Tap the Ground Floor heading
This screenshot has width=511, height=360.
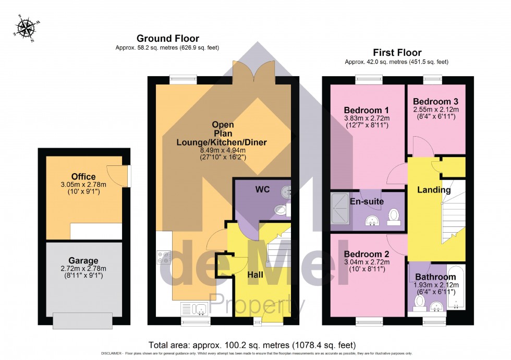coord(167,38)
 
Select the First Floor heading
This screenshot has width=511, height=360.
coord(397,52)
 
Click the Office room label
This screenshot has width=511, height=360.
coord(84,177)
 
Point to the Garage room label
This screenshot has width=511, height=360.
coord(83,261)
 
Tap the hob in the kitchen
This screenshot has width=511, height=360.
coord(164,257)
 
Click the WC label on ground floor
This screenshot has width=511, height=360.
coord(262,189)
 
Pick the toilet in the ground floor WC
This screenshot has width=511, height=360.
coord(281,210)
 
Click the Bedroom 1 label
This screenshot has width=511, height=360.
coord(367,110)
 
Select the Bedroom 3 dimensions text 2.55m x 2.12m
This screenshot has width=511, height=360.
coord(435,110)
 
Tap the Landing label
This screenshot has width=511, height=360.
coord(434,190)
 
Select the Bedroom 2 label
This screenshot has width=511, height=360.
coord(367,254)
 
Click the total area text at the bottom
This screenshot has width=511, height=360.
coord(252,345)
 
